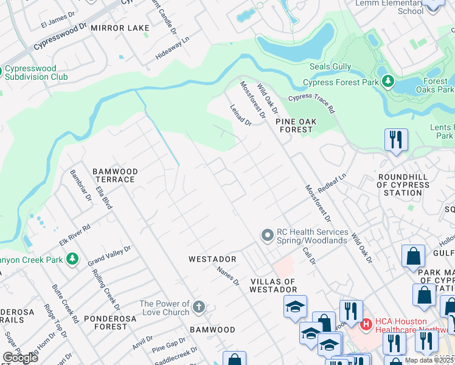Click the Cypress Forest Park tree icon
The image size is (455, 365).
(387, 82)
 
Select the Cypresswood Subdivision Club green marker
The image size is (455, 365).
(2, 71)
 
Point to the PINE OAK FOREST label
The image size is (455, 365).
(296, 125)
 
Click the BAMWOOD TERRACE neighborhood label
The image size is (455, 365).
(114, 176)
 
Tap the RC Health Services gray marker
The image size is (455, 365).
(267, 235)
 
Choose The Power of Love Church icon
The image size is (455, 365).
(199, 307)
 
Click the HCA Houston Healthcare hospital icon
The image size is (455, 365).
(366, 325)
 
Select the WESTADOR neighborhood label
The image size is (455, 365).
(212, 259)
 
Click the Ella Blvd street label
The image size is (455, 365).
(103, 198)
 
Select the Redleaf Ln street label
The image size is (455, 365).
(332, 181)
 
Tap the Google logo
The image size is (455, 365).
(20, 357)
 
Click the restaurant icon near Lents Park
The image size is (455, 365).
(396, 139)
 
